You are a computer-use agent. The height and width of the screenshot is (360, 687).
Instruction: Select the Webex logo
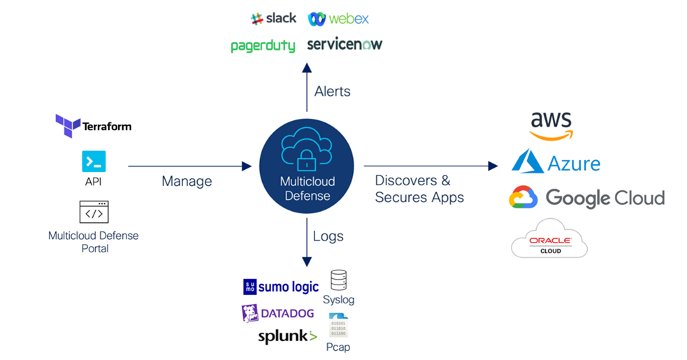(x=338, y=19)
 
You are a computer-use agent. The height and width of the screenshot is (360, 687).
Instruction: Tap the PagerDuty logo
(x=263, y=46)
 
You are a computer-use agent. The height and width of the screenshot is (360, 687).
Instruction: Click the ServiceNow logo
(x=345, y=45)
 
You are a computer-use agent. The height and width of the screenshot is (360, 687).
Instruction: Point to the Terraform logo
(x=93, y=126)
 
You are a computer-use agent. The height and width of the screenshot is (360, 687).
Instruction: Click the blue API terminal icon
(x=94, y=161)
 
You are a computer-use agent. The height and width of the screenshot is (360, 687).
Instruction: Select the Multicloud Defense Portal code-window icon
(x=94, y=211)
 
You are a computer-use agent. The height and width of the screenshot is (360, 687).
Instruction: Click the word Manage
(x=187, y=181)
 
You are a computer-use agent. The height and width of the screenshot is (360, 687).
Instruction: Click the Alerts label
(x=332, y=92)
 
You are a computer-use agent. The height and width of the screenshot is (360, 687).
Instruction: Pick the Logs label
(x=328, y=236)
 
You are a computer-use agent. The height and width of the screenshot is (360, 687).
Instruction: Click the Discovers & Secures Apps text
(x=419, y=189)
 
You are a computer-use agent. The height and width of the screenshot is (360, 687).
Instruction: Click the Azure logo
(x=556, y=162)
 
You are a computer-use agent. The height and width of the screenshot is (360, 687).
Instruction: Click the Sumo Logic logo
(x=280, y=287)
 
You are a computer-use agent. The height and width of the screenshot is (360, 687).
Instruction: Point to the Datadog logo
(x=277, y=313)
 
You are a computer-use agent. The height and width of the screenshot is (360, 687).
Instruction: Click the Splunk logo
(x=287, y=337)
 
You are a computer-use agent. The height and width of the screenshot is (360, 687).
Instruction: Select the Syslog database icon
(x=338, y=280)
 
